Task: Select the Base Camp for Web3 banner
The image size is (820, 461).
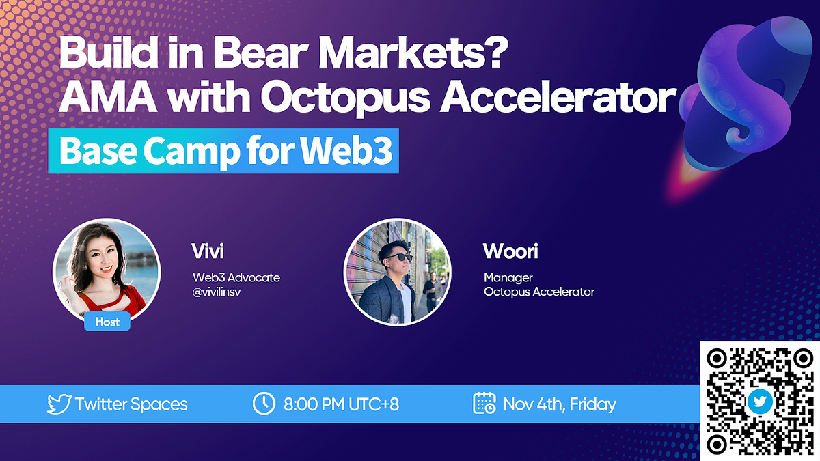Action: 223,152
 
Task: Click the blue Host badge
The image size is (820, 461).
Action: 107,321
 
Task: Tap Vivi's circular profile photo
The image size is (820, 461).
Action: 107,270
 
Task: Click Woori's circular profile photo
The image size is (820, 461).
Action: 396,271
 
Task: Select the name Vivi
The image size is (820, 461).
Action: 207,251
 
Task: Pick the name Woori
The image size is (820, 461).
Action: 510,251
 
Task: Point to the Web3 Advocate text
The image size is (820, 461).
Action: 236,277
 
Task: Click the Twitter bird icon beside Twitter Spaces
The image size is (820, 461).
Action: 59,404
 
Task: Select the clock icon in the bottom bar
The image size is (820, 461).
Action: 263,404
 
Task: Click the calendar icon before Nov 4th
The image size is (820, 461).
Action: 484,404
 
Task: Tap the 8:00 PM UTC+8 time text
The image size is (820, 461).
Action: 341,404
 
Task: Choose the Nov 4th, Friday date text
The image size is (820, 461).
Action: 560,404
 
